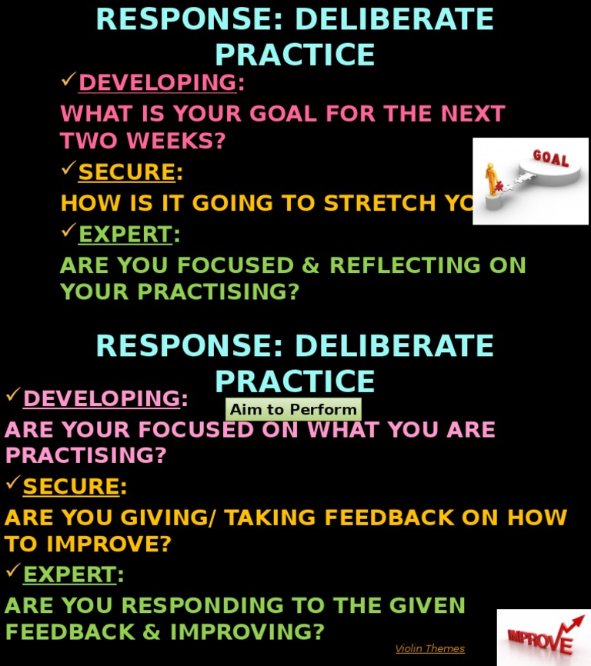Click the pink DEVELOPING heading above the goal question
pos(157,82)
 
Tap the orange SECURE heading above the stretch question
pos(127,172)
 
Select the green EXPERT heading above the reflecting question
pos(125,234)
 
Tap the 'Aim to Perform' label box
pos(293,409)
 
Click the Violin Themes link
pos(429,648)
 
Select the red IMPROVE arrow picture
pos(543,637)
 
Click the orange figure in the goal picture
pos(492,179)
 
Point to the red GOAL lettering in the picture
pos(551,159)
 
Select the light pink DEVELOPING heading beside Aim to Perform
pos(102,399)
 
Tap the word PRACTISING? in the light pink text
pos(85,455)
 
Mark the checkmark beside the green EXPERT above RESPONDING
pos(12,571)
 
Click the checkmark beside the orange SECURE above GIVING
pos(12,484)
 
